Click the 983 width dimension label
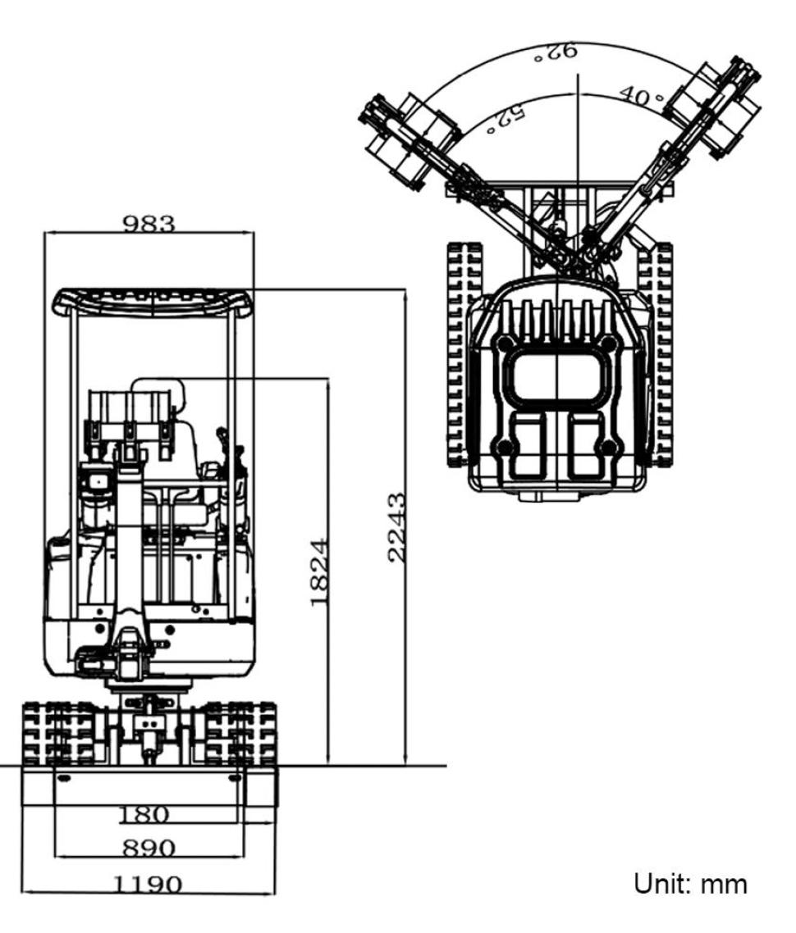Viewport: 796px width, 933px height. tap(149, 223)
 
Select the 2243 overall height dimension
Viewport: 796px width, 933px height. tap(396, 526)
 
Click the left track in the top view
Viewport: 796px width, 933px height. tap(459, 353)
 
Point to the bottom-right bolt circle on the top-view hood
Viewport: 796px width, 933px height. tap(608, 448)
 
